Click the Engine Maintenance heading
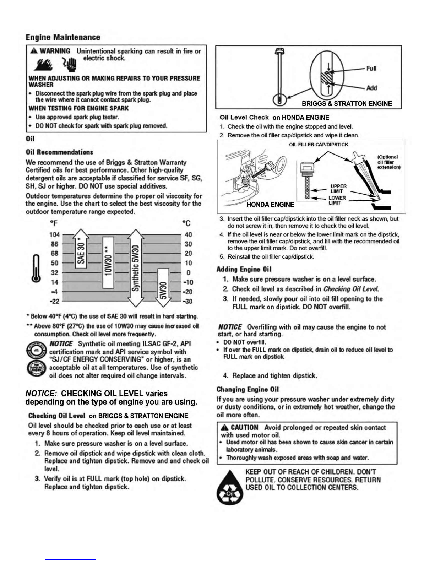(x=63, y=38)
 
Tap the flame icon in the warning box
(x=43, y=65)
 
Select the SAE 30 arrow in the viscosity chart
(x=81, y=249)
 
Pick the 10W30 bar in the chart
(x=108, y=262)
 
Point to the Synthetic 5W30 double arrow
(x=136, y=268)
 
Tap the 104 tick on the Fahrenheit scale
(x=55, y=235)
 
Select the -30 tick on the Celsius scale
(x=188, y=302)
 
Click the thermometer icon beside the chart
(x=36, y=268)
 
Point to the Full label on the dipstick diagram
(x=371, y=69)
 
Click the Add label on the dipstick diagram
(x=371, y=88)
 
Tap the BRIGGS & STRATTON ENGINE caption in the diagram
(x=347, y=104)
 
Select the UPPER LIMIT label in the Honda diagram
(x=338, y=189)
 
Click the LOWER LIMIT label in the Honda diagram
(x=337, y=200)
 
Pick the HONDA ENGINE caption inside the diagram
(x=270, y=205)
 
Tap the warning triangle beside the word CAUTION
(x=224, y=428)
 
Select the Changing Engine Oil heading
(x=248, y=389)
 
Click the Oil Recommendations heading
(x=59, y=152)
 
